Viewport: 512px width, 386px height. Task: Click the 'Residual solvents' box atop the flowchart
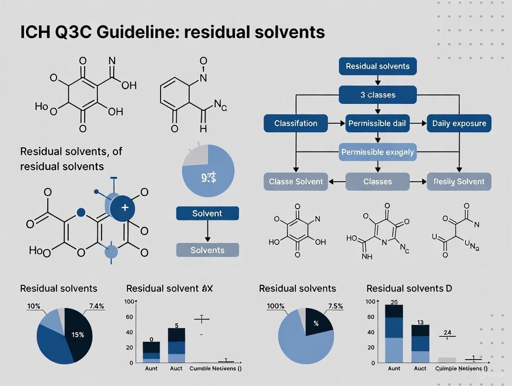click(378, 66)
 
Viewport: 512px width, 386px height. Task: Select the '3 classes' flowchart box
click(378, 95)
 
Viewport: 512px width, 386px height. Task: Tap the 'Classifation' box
click(296, 123)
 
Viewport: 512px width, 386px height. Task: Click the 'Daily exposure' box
click(459, 123)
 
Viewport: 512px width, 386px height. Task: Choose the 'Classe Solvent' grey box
click(296, 181)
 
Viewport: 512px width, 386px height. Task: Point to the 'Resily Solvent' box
click(459, 181)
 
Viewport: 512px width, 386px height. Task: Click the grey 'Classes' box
click(378, 181)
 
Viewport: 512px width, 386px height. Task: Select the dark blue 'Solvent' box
click(207, 213)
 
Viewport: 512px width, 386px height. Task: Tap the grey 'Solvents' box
click(207, 250)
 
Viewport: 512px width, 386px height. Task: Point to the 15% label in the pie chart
click(78, 335)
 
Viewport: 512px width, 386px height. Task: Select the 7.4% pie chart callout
click(96, 306)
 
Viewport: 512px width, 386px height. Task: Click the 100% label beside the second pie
click(275, 306)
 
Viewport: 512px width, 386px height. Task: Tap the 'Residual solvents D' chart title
click(409, 289)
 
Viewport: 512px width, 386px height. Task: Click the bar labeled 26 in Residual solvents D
click(394, 334)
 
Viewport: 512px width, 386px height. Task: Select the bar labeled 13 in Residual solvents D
click(420, 343)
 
